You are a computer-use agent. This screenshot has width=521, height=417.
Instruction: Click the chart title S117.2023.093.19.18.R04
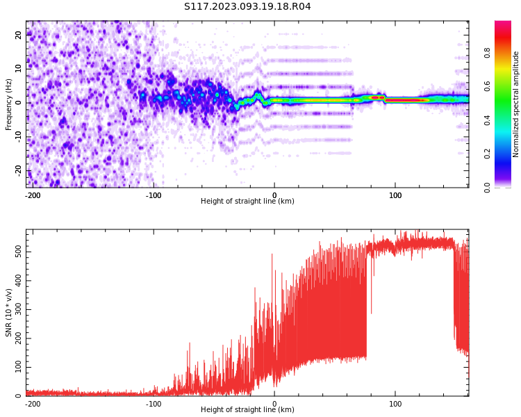[x=247, y=7]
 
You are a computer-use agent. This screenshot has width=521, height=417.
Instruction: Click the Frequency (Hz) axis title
[x=9, y=104]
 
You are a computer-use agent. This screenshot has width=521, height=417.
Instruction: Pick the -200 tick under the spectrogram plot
[x=33, y=195]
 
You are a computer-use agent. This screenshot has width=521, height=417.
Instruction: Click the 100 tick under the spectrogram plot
[x=395, y=195]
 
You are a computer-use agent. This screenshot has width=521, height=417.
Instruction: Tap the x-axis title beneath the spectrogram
[x=247, y=202]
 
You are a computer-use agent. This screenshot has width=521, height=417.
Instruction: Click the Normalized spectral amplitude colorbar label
[x=516, y=104]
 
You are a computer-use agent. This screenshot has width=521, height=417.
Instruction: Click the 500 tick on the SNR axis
[x=16, y=250]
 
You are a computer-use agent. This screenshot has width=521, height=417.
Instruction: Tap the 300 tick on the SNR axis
[x=16, y=309]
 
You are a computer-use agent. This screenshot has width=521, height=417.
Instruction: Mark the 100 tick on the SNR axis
[x=16, y=367]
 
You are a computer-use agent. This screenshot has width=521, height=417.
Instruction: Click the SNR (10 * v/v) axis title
[x=9, y=313]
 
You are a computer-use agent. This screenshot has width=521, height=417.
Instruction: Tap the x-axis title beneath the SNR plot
[x=247, y=410]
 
